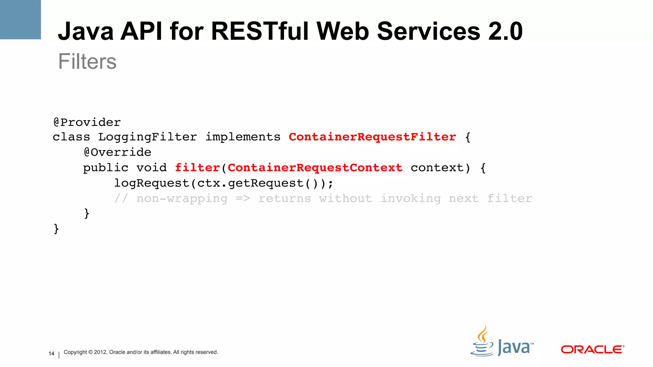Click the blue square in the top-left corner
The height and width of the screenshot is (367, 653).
coord(20,19)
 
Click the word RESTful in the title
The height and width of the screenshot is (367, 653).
coord(260,31)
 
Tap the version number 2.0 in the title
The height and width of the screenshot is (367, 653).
coord(505,31)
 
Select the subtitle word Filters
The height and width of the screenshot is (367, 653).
coord(87,61)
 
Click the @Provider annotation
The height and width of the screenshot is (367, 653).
coord(87,122)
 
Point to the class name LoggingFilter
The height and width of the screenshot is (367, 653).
coord(147,137)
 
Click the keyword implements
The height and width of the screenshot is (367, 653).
coord(243,137)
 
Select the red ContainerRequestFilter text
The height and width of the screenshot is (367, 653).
coord(372,137)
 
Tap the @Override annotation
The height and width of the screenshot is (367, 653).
coord(117,152)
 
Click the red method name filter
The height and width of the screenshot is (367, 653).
coord(197,168)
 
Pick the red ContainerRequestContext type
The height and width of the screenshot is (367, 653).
coord(315,168)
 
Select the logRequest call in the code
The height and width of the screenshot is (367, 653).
coord(152,183)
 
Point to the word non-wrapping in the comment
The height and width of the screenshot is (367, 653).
coord(182,198)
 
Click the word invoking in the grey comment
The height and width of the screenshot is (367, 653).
coord(411,198)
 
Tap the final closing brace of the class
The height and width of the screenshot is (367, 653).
coord(56,229)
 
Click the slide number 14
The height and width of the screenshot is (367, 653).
coord(51,354)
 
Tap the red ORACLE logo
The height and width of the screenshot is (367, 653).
coord(592,349)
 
